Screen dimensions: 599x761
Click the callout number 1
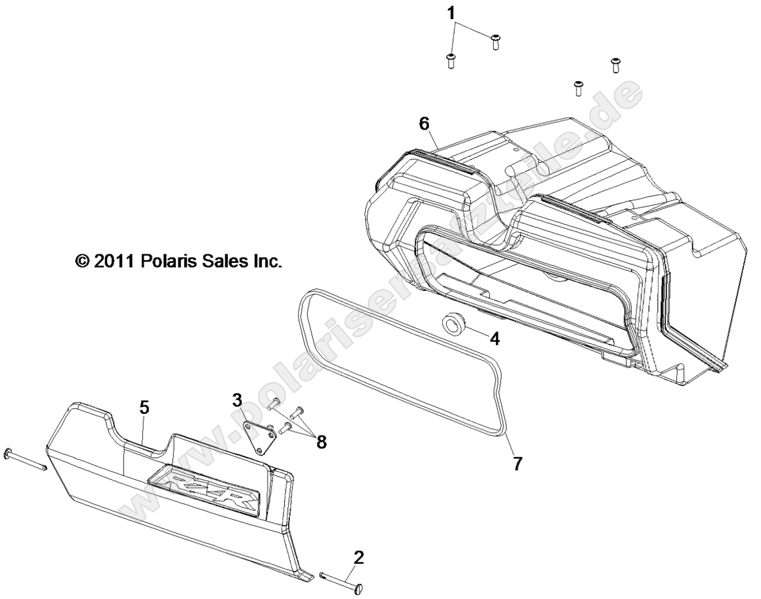coord(451,13)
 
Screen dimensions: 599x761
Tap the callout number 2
coord(359,557)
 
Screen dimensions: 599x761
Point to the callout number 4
coord(494,339)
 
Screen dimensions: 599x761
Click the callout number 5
coord(144,407)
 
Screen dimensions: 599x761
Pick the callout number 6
coord(424,122)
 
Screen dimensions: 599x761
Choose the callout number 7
coord(516,463)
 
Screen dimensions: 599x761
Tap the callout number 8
coord(321,442)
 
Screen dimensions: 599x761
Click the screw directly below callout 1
coord(450,61)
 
